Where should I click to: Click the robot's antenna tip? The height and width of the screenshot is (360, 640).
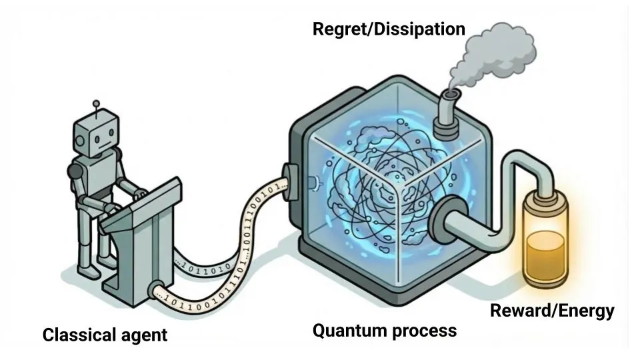pos(97,103)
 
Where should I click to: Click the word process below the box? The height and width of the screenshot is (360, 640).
pos(424,330)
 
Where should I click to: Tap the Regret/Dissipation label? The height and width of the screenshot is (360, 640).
pos(388,29)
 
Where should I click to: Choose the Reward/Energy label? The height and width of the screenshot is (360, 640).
pos(552,311)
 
